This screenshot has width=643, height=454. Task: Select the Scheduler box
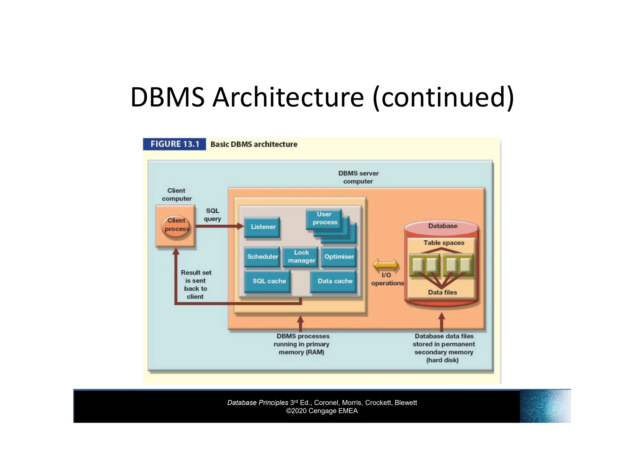262,257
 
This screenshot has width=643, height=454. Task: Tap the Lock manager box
301,257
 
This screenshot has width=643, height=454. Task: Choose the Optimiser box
339,257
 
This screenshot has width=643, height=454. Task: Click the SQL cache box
268,281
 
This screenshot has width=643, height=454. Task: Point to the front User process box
324,218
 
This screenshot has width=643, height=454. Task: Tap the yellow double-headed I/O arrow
386,265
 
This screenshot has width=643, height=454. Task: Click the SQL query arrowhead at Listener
240,226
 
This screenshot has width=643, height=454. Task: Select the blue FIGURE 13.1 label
175,144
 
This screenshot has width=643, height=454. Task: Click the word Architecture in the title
288,97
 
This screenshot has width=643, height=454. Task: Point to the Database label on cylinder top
442,226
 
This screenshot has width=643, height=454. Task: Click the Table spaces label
443,243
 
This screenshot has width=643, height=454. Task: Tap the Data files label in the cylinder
442,293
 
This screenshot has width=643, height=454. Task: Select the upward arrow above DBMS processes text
300,323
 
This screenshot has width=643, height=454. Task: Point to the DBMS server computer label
358,177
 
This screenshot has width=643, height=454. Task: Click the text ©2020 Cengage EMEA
322,411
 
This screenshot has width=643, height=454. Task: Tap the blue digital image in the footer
545,406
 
